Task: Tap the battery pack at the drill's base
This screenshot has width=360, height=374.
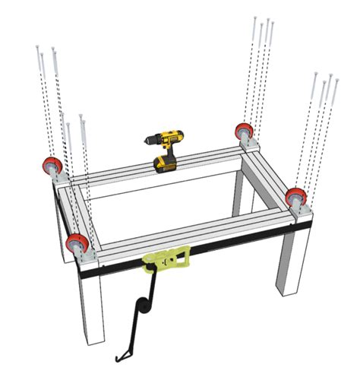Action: point(166,163)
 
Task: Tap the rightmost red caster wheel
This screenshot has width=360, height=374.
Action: point(296,198)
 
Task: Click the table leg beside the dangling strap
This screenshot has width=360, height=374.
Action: point(89,312)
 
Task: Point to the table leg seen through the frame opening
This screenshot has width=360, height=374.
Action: point(241,194)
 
